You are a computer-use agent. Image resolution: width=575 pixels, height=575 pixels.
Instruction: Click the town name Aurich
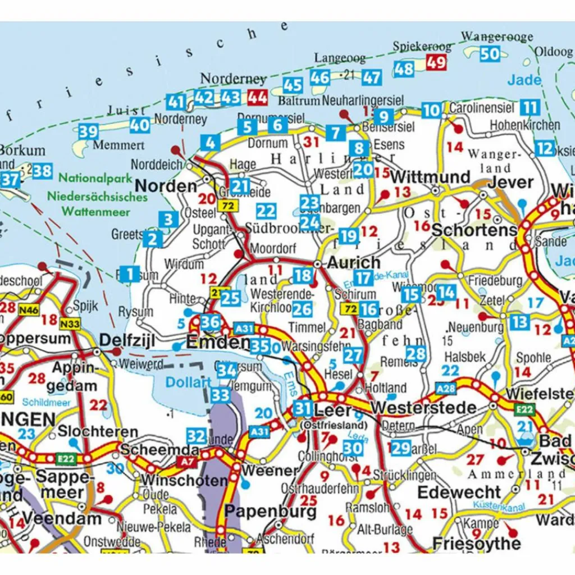coord(354,263)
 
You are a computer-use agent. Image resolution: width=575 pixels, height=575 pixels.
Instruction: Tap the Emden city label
coord(218,342)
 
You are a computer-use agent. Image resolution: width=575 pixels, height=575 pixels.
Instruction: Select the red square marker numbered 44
coord(257,98)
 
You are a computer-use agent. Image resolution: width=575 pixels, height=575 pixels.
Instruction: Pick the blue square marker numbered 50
coord(490,54)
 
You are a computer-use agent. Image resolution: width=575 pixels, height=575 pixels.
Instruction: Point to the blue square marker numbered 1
coord(130,274)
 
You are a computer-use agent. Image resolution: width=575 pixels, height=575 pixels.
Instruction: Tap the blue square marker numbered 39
coord(88,132)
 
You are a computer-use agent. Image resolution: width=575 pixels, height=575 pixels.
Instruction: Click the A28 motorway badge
coord(446,389)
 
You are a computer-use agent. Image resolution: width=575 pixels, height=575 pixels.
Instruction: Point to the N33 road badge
coord(70,323)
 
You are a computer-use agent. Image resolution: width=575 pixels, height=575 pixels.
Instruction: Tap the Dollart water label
coord(188,382)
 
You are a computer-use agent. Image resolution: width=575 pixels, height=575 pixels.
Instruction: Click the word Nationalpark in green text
coord(95,179)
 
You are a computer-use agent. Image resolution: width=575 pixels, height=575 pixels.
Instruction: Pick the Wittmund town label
coord(430,177)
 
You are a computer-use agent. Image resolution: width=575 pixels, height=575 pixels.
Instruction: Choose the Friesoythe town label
coord(476,543)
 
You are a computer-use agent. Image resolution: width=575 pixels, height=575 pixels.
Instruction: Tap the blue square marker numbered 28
coord(416,354)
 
